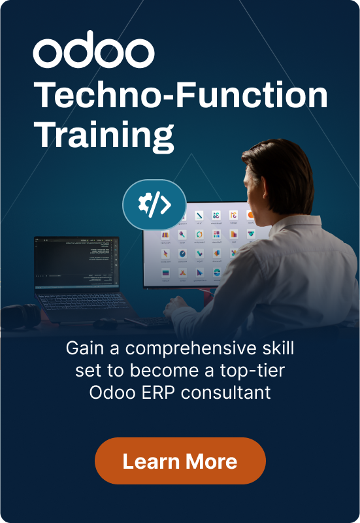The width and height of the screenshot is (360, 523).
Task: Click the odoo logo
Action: pos(93,52)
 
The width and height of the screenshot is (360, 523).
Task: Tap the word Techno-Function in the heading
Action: pos(180,96)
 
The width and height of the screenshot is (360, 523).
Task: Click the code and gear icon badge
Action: pos(154,205)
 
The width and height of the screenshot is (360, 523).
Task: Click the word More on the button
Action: pos(210,462)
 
